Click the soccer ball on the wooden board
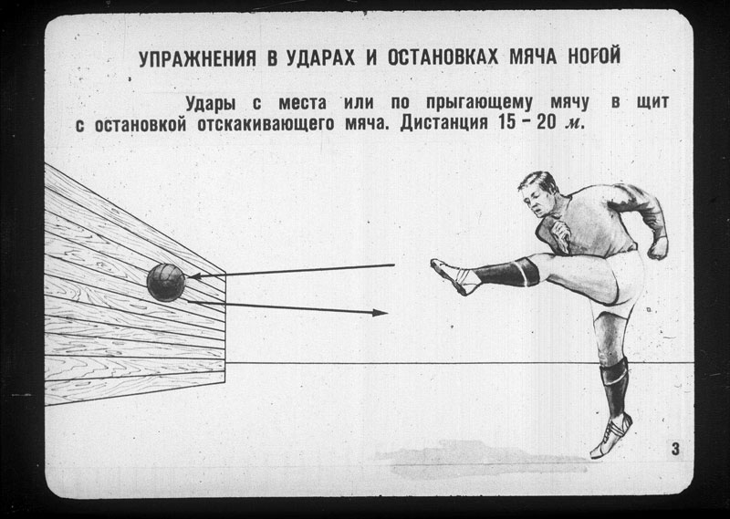click(x=167, y=282)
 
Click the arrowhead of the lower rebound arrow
click(x=380, y=313)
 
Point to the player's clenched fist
click(x=657, y=246)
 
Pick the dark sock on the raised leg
click(x=507, y=272)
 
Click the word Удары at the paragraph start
click(x=212, y=102)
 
